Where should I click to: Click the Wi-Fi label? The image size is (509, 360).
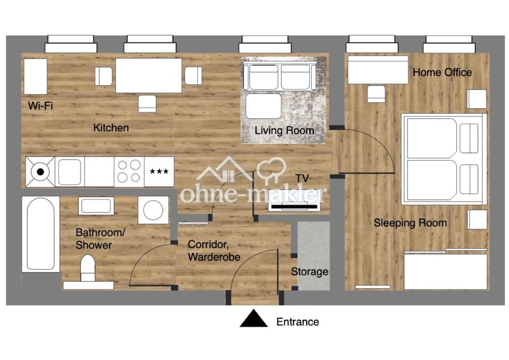click(40, 105)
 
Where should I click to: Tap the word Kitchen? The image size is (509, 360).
click(111, 128)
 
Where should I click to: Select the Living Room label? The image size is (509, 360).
click(284, 130)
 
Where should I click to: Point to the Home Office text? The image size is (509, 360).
click(442, 72)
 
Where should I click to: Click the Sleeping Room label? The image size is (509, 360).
click(410, 223)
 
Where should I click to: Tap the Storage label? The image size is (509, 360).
click(310, 271)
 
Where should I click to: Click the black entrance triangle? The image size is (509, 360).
click(254, 318)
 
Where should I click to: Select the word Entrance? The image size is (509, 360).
click(298, 322)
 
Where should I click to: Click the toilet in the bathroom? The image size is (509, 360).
click(87, 268)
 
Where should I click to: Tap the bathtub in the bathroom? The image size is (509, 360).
click(41, 234)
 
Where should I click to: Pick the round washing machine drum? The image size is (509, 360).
click(153, 210)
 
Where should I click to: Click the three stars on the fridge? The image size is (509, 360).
click(159, 172)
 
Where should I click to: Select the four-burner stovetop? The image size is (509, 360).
click(129, 172)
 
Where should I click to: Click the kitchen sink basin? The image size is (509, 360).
click(70, 172)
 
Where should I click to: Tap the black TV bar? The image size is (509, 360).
click(294, 206)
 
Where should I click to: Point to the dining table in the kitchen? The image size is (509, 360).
click(149, 75)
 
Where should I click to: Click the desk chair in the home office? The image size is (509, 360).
click(376, 94)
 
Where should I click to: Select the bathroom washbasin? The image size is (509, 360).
click(96, 206)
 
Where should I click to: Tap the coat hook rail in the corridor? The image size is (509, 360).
click(192, 224)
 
